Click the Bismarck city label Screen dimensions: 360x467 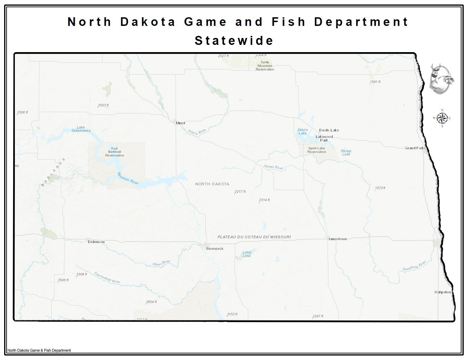pos(215,249)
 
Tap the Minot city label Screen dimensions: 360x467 pos(180,123)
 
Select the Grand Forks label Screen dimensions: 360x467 pos(415,148)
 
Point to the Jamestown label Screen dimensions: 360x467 pos(337,239)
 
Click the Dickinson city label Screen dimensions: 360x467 pos(96,242)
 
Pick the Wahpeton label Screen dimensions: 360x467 pos(442,292)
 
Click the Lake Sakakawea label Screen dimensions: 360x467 pos(81,129)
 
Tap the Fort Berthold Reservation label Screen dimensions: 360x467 pos(115,152)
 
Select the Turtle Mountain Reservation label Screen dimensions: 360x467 pos(265,66)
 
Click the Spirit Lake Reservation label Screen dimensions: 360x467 pos(317,150)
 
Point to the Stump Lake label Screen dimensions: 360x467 pos(346,153)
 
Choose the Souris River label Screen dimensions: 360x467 pos(197,132)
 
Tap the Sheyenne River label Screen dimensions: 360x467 pos(415,266)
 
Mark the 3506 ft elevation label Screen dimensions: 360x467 pos(63,280)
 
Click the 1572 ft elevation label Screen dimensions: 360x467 pos(380,188)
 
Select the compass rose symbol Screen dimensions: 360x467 pos(442,118)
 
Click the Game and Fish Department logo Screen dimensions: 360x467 pos(441,79)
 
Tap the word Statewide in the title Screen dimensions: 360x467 pos(234,40)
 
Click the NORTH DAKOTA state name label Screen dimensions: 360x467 pos(212,184)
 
